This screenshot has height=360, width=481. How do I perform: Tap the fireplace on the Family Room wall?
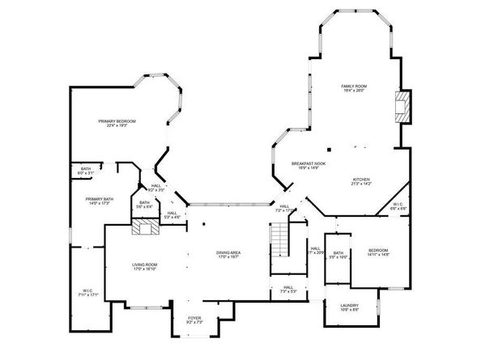pyautogui.click(x=402, y=107)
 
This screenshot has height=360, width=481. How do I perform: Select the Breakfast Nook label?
pyautogui.click(x=308, y=163)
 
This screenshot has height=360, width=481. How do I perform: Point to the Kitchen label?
pyautogui.click(x=361, y=179)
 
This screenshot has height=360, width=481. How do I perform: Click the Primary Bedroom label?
pyautogui.click(x=117, y=121)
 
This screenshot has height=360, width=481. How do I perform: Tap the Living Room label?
pyautogui.click(x=145, y=265)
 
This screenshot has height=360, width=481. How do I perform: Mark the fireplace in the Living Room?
pyautogui.click(x=146, y=229)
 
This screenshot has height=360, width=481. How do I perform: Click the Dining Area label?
pyautogui.click(x=229, y=252)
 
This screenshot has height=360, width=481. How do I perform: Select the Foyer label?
pyautogui.click(x=194, y=318)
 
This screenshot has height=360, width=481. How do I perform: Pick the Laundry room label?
pyautogui.click(x=350, y=305)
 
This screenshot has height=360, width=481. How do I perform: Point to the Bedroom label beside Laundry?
pyautogui.click(x=379, y=250)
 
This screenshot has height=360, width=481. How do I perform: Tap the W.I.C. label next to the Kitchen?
pyautogui.click(x=398, y=204)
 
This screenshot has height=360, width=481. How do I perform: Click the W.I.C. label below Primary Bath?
pyautogui.click(x=88, y=291)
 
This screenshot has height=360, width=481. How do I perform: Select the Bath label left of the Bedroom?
pyautogui.click(x=338, y=253)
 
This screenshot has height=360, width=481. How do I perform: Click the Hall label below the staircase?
pyautogui.click(x=287, y=286)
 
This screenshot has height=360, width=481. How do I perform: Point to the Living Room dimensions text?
pyautogui.click(x=145, y=269)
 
